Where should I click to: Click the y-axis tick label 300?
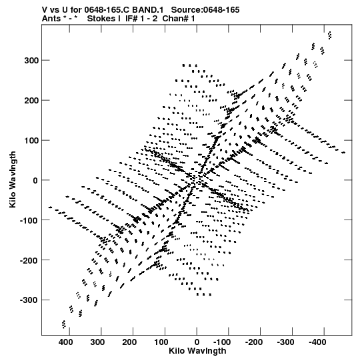coord(32,61)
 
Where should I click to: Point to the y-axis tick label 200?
coord(32,101)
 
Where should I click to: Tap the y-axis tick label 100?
coord(32,140)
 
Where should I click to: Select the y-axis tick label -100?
coord(29,220)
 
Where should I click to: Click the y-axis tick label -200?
coord(29,260)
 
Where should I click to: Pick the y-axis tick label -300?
coord(29,300)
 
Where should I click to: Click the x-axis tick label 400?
coord(65,342)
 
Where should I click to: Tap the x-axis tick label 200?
coord(129,342)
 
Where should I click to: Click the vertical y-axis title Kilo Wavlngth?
coord(13,179)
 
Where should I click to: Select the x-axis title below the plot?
coord(197,351)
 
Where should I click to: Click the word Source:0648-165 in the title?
coord(205,10)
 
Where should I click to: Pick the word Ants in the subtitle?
coord(51,19)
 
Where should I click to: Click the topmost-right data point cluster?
coord(330,35)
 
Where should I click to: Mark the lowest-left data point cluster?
coord(64,324)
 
